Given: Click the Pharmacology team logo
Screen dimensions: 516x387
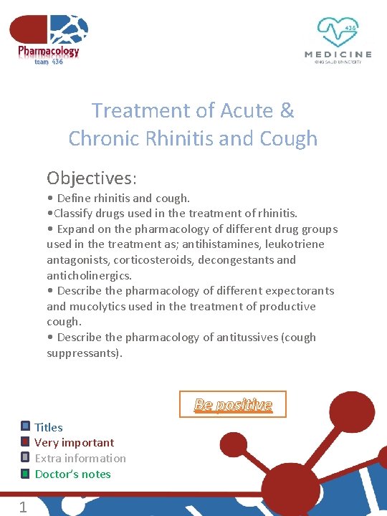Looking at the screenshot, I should [49, 39].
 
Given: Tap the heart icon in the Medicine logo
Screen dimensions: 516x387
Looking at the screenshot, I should [338, 32].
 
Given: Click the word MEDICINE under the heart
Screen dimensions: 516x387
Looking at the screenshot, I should [338, 54].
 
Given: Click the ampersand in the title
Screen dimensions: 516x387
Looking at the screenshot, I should [287, 110].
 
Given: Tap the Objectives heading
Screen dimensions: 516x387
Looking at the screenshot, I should [92, 177].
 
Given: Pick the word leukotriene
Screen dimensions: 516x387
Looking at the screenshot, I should [295, 244].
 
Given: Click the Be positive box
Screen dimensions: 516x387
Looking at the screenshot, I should [233, 404].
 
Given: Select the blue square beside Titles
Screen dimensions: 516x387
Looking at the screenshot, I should [25, 426].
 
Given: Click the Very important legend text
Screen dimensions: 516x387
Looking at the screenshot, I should [74, 443].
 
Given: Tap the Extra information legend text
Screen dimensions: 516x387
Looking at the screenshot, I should [80, 459].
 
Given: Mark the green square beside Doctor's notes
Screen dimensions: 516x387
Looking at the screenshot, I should [25, 474].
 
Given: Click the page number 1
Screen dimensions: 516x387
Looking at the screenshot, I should [23, 507].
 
